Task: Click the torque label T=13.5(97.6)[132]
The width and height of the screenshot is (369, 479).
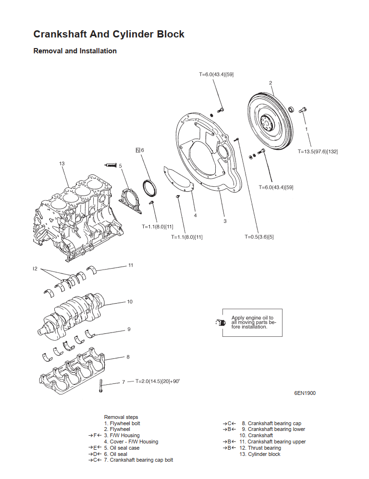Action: click(318, 151)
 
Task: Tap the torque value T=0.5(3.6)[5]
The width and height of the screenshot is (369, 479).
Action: click(259, 237)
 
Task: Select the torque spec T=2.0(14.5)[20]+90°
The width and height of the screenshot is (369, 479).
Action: click(158, 381)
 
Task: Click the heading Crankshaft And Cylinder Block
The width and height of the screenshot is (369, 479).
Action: click(109, 34)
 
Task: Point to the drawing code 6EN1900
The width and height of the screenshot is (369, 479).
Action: click(305, 393)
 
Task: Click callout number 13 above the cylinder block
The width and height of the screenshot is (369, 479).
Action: click(62, 164)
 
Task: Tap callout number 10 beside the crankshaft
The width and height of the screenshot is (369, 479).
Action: click(130, 302)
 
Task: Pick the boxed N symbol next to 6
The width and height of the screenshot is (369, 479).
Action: click(138, 150)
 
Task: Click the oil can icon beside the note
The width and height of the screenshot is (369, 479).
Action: click(220, 322)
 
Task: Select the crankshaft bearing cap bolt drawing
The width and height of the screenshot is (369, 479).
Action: click(100, 386)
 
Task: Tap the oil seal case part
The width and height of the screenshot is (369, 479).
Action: click(130, 201)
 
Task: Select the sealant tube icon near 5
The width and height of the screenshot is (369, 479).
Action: click(111, 165)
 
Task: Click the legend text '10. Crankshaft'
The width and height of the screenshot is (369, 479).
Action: click(256, 435)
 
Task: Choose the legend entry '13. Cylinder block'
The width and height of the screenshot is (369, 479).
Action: click(259, 454)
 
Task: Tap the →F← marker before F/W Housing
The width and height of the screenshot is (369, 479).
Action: click(95, 435)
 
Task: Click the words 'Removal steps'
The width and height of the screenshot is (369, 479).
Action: click(121, 418)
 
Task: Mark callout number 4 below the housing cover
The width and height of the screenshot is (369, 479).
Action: click(196, 215)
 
